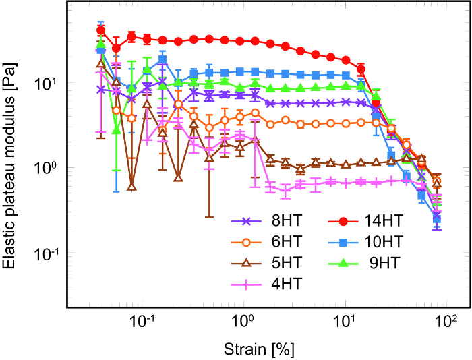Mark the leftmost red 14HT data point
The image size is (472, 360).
(101, 30)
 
